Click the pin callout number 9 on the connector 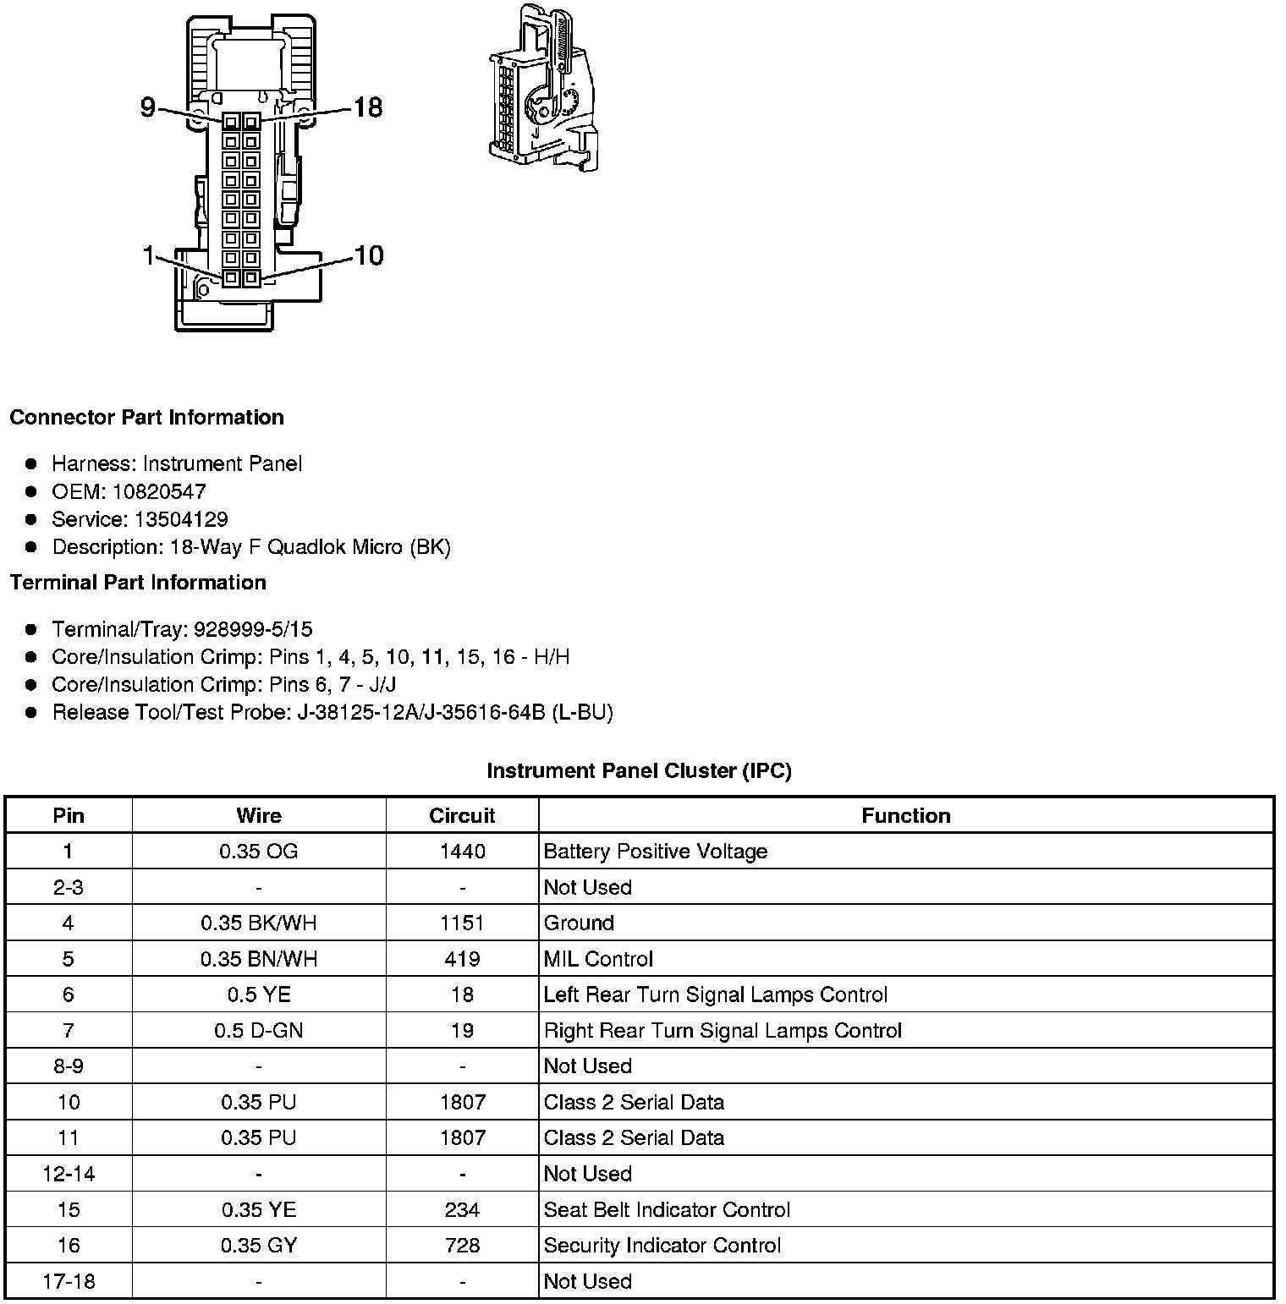148,107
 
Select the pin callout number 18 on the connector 367,107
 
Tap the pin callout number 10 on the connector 369,255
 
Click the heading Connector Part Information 146,418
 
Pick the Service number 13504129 181,519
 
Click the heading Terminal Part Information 138,583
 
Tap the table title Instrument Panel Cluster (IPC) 639,771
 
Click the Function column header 905,816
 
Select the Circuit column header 462,816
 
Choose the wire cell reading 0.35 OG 258,852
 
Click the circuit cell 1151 462,923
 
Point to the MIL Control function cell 598,959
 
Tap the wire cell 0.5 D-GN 258,1030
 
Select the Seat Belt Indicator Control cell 667,1209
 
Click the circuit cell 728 462,1245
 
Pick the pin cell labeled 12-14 69,1174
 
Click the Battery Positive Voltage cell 655,852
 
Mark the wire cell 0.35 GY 258,1245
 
